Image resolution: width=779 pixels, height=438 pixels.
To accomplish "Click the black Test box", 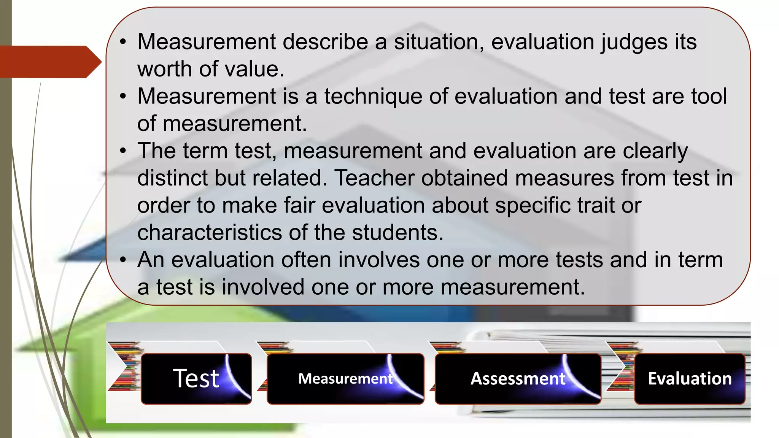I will click(x=196, y=379).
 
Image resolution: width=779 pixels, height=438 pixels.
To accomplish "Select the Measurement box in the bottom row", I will click(x=345, y=379).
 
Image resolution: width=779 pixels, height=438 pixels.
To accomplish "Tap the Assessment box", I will click(x=518, y=379).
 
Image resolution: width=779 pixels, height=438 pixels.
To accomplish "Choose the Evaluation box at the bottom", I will click(x=690, y=379).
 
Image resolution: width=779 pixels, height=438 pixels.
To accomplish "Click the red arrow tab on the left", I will click(x=49, y=62).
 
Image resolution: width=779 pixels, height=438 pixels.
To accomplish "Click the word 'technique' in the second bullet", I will click(x=373, y=96).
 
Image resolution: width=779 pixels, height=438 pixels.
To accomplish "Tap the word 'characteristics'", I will click(x=210, y=232).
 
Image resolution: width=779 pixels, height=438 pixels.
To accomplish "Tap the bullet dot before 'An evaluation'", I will click(x=122, y=260).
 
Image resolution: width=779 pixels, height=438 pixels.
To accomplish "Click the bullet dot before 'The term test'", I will click(x=122, y=151).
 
